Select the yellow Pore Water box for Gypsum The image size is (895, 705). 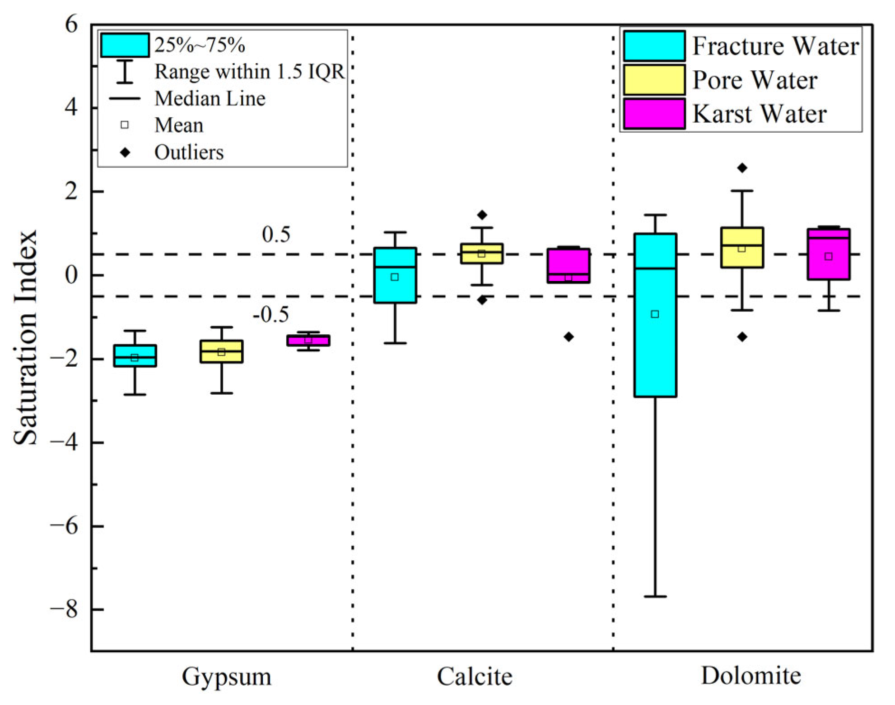(x=221, y=357)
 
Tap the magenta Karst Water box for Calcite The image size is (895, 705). (x=569, y=262)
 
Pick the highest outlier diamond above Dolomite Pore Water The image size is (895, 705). (x=742, y=168)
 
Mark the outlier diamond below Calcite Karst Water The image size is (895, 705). (x=569, y=337)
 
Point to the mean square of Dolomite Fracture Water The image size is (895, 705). (x=655, y=314)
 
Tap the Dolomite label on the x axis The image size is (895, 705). (x=751, y=676)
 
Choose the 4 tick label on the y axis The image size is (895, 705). (x=70, y=108)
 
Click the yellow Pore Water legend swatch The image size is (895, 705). (x=654, y=80)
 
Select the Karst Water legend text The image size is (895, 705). (x=760, y=114)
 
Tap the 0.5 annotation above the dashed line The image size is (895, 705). (x=276, y=235)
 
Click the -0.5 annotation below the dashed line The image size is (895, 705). (x=271, y=314)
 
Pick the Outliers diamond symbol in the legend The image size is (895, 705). (x=125, y=152)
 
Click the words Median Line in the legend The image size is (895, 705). (x=210, y=98)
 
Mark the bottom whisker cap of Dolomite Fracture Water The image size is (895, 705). (x=655, y=596)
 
